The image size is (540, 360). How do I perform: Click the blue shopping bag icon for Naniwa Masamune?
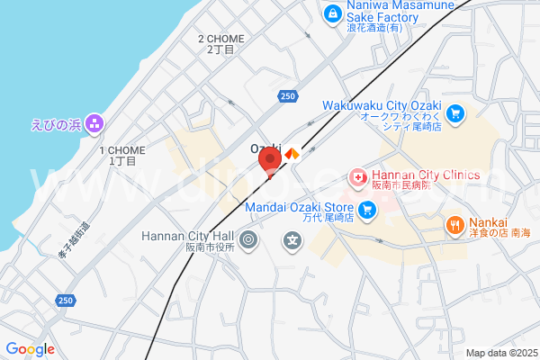(x=333, y=13)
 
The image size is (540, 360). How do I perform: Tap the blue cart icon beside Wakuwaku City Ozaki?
(x=456, y=113)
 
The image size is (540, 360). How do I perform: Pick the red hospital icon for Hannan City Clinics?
(x=358, y=178)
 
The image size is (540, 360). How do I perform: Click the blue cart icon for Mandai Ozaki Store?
(x=366, y=211)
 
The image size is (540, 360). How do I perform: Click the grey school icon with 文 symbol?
(x=292, y=240)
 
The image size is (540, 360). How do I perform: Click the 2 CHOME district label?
(x=220, y=39)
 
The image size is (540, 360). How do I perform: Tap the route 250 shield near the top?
(x=286, y=95)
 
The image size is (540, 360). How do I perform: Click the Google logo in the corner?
(x=30, y=349)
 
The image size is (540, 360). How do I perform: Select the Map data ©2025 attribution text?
(x=501, y=353)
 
